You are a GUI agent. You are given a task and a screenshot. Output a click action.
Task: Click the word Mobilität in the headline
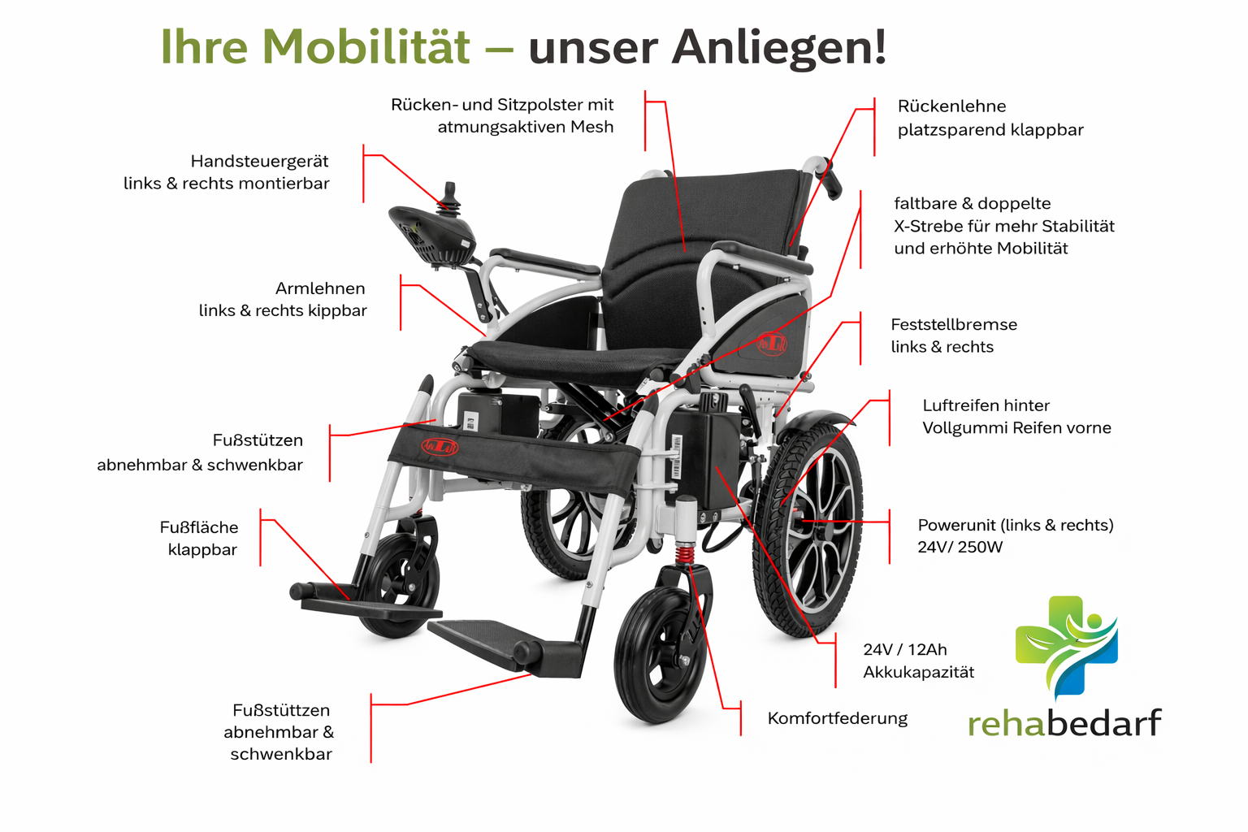point(366,46)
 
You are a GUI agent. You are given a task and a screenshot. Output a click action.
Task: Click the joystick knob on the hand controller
point(449,195)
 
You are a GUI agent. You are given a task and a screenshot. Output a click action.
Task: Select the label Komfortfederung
point(837,718)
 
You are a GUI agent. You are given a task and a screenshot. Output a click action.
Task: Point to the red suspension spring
point(685,557)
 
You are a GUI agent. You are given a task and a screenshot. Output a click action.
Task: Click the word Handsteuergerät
point(259,161)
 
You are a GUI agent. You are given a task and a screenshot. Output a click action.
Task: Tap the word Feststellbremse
point(953,324)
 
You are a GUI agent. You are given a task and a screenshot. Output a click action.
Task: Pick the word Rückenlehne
point(951,106)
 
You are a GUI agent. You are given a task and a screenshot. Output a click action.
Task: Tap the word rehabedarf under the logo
point(1064,722)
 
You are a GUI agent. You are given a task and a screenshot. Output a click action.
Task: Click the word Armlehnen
point(320,288)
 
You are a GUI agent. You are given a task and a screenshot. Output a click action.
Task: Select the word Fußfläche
point(199,527)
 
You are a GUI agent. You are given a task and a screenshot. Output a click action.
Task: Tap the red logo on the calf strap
point(440,447)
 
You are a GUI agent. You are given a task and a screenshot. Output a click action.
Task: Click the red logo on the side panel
point(772,344)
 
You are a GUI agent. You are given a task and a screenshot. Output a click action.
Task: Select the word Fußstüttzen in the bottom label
point(280,710)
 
